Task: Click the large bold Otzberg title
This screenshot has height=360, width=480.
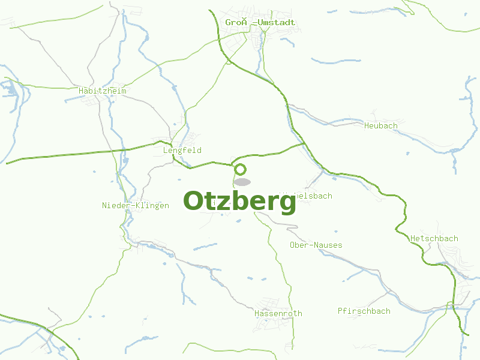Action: click(x=239, y=202)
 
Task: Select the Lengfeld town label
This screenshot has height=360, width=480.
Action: click(x=182, y=150)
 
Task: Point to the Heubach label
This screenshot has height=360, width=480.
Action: click(x=380, y=125)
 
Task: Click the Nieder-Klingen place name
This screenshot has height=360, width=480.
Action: click(x=136, y=205)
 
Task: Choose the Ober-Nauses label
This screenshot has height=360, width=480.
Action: click(x=316, y=245)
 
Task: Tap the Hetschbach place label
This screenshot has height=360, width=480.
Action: click(x=434, y=238)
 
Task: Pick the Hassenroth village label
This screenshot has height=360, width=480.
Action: click(x=278, y=313)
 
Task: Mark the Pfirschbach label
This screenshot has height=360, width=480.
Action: click(x=364, y=311)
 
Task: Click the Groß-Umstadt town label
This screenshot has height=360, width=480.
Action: click(x=261, y=22)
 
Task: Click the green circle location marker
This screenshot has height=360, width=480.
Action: click(x=240, y=169)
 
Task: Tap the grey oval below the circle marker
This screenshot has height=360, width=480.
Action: click(x=242, y=182)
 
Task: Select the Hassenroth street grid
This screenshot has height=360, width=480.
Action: click(x=273, y=325)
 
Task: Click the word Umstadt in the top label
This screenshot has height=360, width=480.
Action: click(x=277, y=22)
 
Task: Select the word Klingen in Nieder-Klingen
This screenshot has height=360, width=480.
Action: click(x=153, y=205)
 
